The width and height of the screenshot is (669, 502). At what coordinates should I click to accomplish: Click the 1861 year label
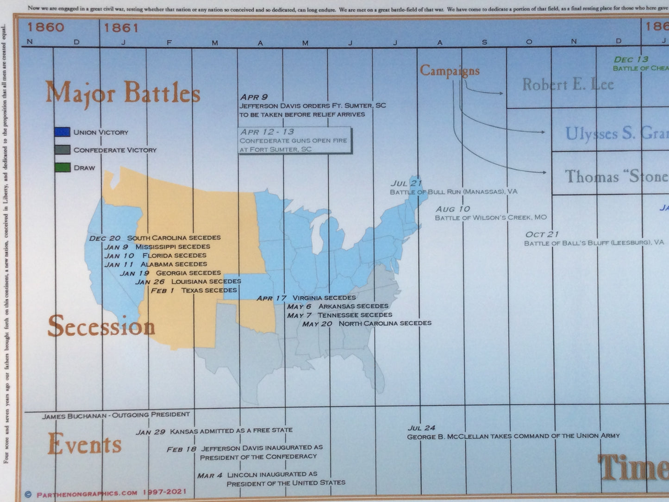(121, 28)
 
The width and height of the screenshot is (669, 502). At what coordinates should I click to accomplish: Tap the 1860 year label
(45, 27)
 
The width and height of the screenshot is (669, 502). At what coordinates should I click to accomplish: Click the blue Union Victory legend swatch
(62, 132)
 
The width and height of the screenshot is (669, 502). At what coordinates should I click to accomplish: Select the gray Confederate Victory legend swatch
(62, 150)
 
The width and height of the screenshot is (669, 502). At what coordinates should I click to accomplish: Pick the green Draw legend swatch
(62, 168)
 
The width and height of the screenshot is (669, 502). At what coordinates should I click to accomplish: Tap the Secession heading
(101, 326)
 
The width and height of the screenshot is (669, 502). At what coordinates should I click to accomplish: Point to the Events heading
(84, 444)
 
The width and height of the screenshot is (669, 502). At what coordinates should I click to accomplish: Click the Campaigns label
(449, 71)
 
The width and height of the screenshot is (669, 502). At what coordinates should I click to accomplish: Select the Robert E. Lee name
(568, 85)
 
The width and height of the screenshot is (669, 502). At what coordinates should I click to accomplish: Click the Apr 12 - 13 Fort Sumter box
(295, 140)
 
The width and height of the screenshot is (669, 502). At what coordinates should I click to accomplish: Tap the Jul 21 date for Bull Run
(406, 183)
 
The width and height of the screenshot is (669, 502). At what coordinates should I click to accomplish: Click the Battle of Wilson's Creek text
(491, 218)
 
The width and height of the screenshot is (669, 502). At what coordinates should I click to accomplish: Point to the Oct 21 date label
(542, 234)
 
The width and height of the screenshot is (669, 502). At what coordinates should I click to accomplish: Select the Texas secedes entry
(209, 290)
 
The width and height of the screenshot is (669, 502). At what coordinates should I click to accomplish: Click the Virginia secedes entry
(324, 298)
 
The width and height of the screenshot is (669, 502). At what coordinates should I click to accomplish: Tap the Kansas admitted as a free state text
(231, 431)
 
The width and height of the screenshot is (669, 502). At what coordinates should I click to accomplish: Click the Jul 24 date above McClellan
(421, 428)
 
